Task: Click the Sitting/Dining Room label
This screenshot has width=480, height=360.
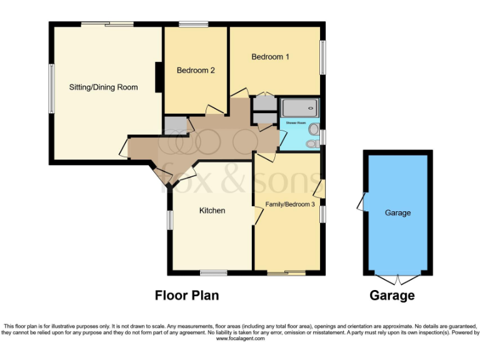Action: click(103, 87)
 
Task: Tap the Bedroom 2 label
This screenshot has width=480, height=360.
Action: click(196, 71)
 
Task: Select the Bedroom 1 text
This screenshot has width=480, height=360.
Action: click(271, 57)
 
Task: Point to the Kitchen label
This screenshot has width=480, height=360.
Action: click(212, 211)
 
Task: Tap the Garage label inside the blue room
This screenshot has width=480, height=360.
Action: click(397, 213)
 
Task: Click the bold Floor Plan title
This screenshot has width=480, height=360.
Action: click(187, 296)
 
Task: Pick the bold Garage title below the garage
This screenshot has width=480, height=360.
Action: click(392, 296)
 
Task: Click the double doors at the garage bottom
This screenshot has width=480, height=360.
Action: click(397, 279)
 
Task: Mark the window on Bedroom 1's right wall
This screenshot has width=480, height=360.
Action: click(323, 58)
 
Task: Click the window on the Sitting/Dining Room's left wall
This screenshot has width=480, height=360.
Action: click(51, 88)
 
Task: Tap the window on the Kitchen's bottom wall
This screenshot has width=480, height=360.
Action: click(214, 272)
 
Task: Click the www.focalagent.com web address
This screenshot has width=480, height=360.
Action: click(239, 338)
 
